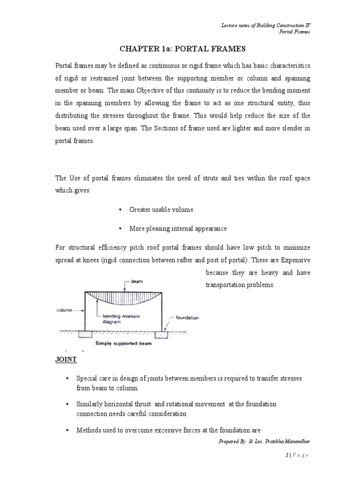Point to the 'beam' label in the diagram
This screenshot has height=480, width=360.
(137, 281)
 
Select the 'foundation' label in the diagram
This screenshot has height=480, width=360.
(187, 317)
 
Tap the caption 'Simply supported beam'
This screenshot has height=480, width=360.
(123, 343)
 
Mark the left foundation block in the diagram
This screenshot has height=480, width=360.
(86, 334)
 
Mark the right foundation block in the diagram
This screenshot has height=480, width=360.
(162, 334)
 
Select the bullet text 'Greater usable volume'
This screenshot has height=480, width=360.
(161, 210)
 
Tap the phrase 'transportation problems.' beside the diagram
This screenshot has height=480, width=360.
(239, 285)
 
